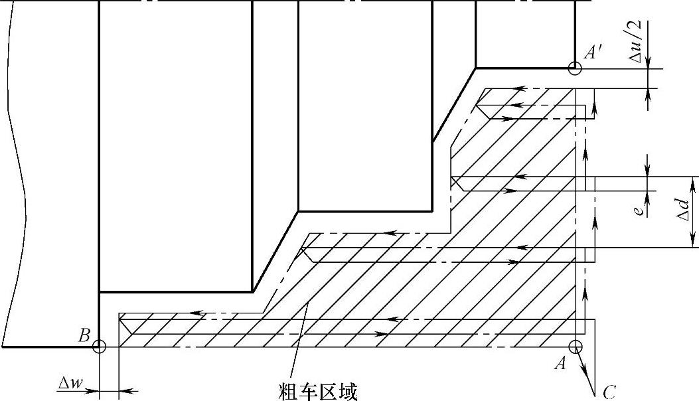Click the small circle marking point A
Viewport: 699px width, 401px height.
click(x=575, y=346)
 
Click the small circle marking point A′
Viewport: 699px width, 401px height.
click(x=575, y=68)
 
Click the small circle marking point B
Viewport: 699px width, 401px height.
click(x=99, y=346)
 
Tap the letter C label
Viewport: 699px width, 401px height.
click(x=609, y=392)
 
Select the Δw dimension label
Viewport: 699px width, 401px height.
click(x=70, y=383)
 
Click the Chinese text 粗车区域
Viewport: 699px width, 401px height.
click(x=319, y=392)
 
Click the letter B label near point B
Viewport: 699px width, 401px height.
click(x=84, y=337)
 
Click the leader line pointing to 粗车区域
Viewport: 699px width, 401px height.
click(x=299, y=339)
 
